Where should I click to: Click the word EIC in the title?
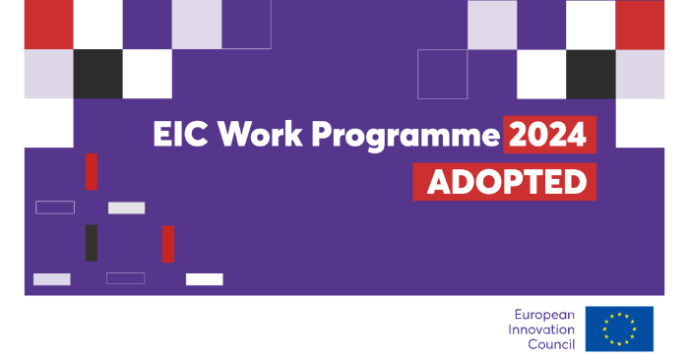(179, 136)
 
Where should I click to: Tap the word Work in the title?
(255, 136)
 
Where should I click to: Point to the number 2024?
(549, 135)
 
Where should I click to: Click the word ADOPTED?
(506, 182)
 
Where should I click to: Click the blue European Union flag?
(619, 329)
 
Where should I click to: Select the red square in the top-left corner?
(48, 25)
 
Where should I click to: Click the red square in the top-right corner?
(640, 25)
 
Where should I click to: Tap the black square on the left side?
(97, 74)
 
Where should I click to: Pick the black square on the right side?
(591, 74)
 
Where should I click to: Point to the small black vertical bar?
(92, 243)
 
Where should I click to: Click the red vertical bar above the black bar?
(92, 171)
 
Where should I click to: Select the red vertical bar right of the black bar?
(168, 244)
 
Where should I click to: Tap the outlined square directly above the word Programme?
(442, 74)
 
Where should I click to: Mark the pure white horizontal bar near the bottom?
(205, 279)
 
